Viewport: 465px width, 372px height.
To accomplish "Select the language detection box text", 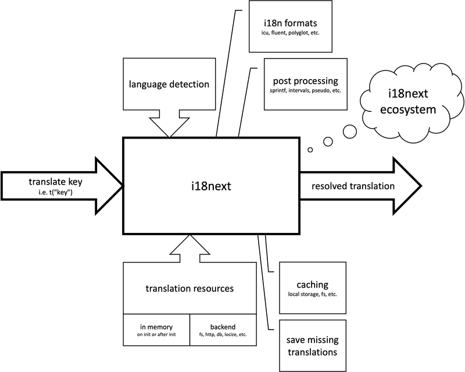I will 169,84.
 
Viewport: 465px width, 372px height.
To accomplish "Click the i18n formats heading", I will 290,23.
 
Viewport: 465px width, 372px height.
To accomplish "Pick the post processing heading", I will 306,81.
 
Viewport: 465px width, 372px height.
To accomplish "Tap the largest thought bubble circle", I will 349,132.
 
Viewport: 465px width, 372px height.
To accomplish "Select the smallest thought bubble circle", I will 310,150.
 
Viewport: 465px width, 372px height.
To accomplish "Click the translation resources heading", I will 189,288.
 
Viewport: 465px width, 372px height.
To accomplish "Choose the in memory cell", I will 156,331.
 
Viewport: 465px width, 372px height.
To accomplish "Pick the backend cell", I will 223,331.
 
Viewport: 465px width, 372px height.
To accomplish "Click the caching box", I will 313,289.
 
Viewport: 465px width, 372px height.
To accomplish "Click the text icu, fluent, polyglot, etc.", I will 290,33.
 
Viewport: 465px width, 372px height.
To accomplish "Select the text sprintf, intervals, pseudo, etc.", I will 306,91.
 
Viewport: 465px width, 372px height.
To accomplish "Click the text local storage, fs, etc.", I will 313,295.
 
